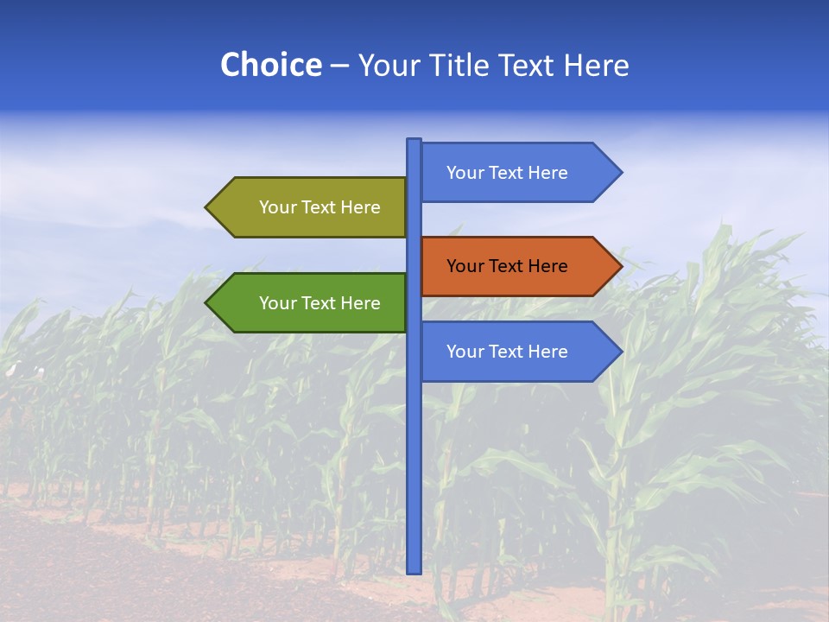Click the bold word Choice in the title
(270, 65)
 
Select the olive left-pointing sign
(307, 207)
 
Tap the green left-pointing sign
(307, 303)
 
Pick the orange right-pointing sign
(518, 266)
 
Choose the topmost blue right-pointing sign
(518, 173)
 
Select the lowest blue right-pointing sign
(518, 352)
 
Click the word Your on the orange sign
(465, 266)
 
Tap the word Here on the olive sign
(360, 207)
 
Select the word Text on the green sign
(319, 303)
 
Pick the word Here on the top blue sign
(547, 173)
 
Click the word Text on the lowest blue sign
(506, 352)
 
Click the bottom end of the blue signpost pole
(414, 570)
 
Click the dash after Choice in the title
(339, 66)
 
